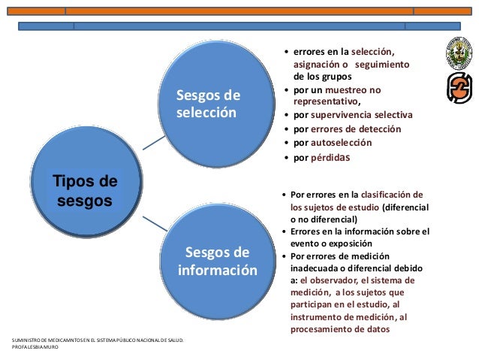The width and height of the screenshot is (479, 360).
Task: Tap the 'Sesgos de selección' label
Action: (x=208, y=104)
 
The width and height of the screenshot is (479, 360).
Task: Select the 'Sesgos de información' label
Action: (x=218, y=260)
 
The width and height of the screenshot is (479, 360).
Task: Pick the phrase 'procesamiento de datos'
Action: (x=345, y=328)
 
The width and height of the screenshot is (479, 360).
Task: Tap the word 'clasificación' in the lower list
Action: (x=392, y=193)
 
